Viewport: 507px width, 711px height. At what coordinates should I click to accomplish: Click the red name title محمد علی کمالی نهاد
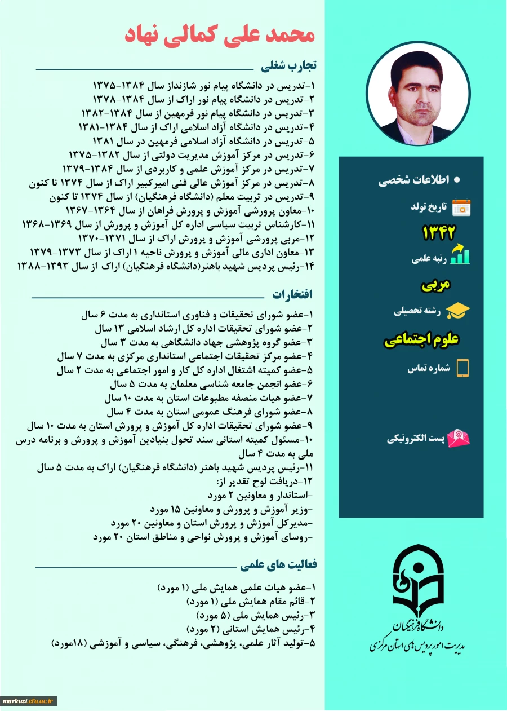coord(219,33)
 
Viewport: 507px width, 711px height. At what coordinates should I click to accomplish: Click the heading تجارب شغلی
coord(289,66)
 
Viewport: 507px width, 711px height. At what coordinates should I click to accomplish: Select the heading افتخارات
coord(292,294)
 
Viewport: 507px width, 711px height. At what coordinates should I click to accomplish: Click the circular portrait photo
coord(417,93)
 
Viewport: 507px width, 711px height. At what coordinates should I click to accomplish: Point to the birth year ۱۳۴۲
coord(439,232)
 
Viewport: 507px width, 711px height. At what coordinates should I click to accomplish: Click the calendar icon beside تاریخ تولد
coord(461,207)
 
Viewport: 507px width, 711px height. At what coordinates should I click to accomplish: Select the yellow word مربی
coord(437,285)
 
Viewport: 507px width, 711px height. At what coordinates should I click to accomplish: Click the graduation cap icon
coord(458,311)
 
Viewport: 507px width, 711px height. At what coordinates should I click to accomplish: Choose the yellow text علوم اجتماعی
coord(422,340)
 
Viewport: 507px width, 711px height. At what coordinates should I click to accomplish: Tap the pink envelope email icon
coord(459,438)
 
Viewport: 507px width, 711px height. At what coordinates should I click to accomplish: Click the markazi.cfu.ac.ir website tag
coord(28,701)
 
